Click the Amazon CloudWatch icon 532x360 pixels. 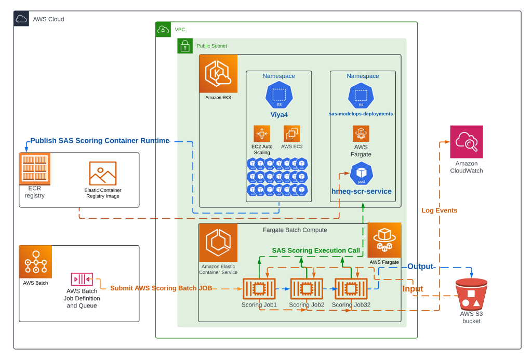pos(466,142)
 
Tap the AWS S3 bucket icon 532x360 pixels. pos(471,294)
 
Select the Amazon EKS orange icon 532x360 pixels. pos(218,74)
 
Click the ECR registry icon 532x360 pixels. pos(35,168)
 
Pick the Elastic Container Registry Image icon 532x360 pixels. pos(102,174)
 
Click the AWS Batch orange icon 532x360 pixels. pos(35,262)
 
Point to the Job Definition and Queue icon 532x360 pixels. pos(82,279)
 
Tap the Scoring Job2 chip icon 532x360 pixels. pos(307,288)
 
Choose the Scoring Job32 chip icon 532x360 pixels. pos(351,288)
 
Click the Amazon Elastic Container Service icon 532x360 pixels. pos(218,243)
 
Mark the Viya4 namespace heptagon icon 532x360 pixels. pos(279,95)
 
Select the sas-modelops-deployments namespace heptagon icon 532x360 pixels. pos(361,96)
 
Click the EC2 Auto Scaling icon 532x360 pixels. pos(262,134)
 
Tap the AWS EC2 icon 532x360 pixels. pos(291,134)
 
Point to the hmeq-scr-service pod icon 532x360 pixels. pos(361,174)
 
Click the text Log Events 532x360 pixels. pos(439,210)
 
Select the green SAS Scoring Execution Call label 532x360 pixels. pos(315,250)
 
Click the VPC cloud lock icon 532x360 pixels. pos(163,30)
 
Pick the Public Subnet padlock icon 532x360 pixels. pos(185,46)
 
